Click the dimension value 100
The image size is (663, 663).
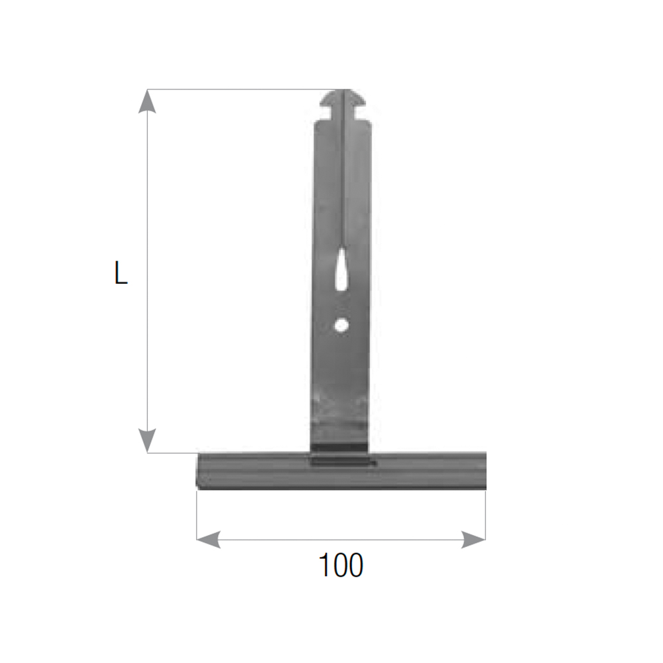[x=341, y=565]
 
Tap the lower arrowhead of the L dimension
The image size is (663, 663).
[x=147, y=441]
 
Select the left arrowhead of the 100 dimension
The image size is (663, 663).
[x=209, y=540]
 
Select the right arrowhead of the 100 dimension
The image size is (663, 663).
[x=473, y=540]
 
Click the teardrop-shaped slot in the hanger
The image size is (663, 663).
[x=341, y=270]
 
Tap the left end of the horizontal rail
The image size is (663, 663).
[x=198, y=471]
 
